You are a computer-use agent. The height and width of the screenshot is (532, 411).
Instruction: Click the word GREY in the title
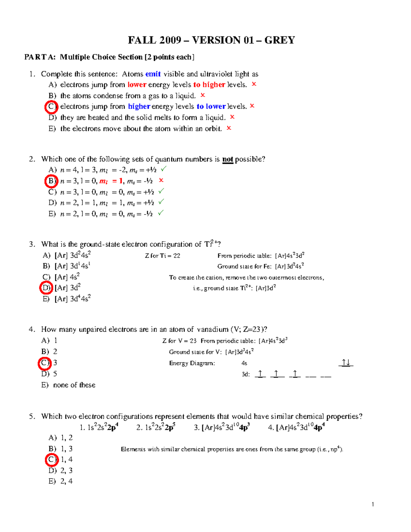[x=279, y=40]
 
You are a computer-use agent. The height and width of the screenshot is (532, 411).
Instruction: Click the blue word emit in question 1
[x=153, y=74]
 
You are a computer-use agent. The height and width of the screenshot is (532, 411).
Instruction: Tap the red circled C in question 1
[x=51, y=107]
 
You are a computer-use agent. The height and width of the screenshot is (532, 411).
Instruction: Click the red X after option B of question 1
[x=203, y=95]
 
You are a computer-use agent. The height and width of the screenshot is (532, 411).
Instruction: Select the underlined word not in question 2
[x=227, y=159]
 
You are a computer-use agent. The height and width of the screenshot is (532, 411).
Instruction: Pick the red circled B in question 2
[x=51, y=181]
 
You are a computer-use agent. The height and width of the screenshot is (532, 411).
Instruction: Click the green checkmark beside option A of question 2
[x=164, y=169]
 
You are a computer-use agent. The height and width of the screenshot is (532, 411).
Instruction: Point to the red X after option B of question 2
[x=161, y=180]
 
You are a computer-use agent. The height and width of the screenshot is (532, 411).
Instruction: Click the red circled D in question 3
[x=46, y=288]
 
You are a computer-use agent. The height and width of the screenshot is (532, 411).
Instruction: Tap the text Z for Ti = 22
[x=162, y=256]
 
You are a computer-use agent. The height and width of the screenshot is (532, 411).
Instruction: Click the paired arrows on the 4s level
[x=346, y=363]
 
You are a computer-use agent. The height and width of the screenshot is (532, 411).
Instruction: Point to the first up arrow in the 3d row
[x=260, y=374]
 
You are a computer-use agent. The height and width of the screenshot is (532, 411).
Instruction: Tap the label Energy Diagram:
[x=192, y=363]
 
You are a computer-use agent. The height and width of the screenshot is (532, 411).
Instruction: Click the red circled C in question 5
[x=51, y=460]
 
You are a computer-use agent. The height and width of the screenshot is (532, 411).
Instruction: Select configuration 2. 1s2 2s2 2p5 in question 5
[x=156, y=428]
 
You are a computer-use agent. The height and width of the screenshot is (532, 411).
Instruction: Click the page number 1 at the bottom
[x=373, y=504]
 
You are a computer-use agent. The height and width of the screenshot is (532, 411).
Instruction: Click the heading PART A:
[x=40, y=57]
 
